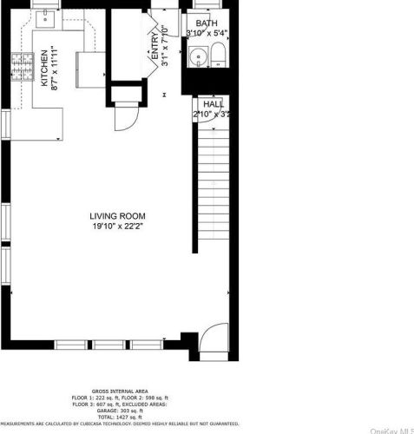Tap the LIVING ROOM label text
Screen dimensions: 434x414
pyautogui.click(x=116, y=215)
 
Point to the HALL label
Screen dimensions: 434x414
pyautogui.click(x=213, y=103)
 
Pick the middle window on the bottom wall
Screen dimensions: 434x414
pyautogui.click(x=110, y=345)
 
